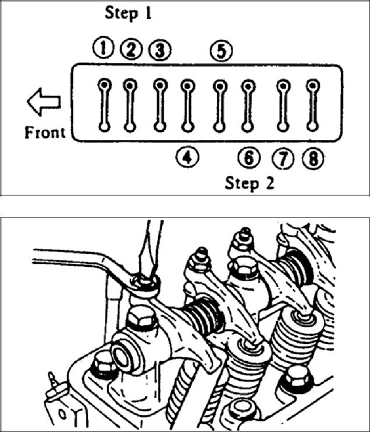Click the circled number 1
point(104,49)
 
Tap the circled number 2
point(131,49)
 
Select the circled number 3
point(160,50)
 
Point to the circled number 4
point(187,157)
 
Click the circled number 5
point(221,51)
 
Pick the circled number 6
point(249,158)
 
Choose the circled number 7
point(283,159)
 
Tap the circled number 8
point(313,159)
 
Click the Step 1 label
point(128,14)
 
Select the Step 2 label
point(250,183)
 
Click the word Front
point(45,132)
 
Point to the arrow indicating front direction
point(44,102)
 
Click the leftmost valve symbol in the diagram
point(104,105)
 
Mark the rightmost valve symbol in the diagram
point(313,105)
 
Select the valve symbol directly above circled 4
point(187,105)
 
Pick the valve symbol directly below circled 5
point(220,105)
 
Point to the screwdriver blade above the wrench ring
point(150,248)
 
